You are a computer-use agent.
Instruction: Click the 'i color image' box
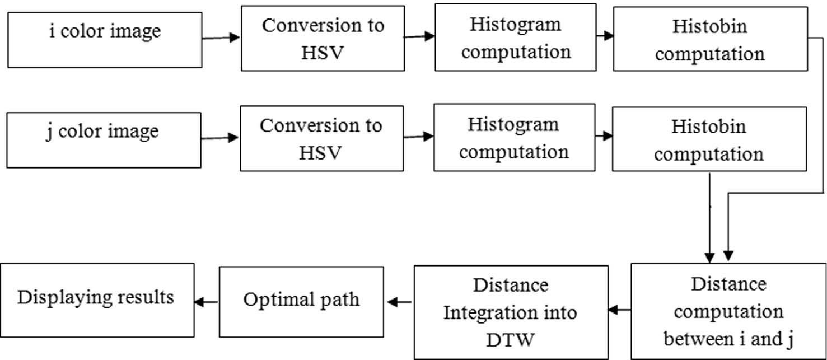pyautogui.click(x=105, y=40)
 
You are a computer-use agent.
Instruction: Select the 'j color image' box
pyautogui.click(x=104, y=140)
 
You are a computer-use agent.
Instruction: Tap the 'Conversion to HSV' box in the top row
pyautogui.click(x=323, y=39)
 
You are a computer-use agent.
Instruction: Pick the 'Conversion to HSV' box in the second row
pyautogui.click(x=321, y=139)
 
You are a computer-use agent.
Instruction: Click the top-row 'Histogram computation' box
pyautogui.click(x=515, y=38)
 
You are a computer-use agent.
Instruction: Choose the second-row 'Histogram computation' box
pyautogui.click(x=514, y=137)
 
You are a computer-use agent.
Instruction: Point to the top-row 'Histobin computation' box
pyautogui.click(x=710, y=40)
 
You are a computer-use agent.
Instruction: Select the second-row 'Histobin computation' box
pyautogui.click(x=709, y=140)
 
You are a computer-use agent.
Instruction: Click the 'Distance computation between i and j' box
pyautogui.click(x=728, y=311)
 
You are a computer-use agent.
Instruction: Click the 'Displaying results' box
pyautogui.click(x=97, y=300)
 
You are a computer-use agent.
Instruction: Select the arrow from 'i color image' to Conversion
pyautogui.click(x=221, y=38)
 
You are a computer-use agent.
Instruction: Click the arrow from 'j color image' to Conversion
pyautogui.click(x=219, y=138)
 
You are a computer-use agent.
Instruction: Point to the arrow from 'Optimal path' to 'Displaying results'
pyautogui.click(x=207, y=302)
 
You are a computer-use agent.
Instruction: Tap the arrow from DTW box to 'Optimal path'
pyautogui.click(x=399, y=302)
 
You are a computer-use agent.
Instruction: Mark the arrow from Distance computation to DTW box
pyautogui.click(x=620, y=308)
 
